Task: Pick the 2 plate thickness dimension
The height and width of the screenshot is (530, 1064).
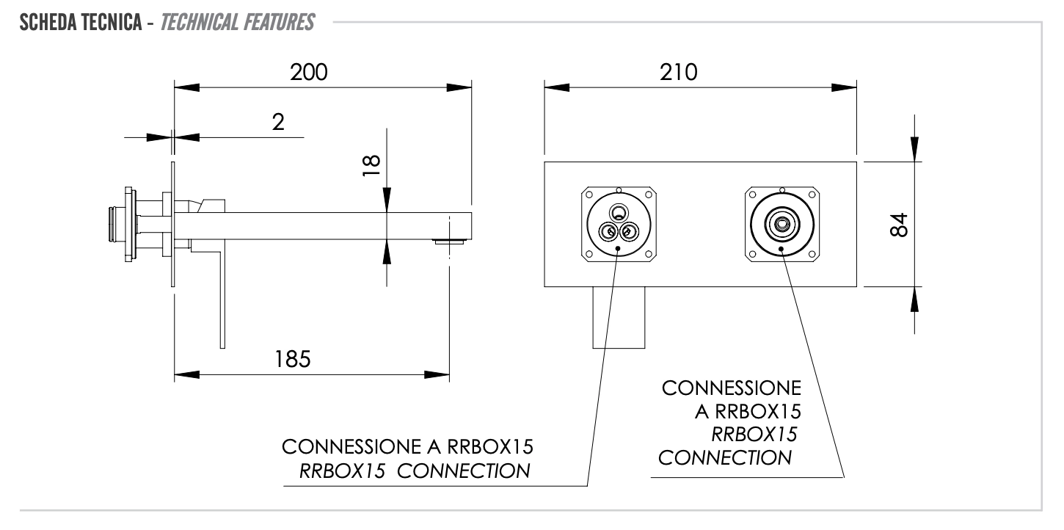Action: (x=277, y=122)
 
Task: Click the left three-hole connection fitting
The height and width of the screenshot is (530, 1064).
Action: (x=617, y=224)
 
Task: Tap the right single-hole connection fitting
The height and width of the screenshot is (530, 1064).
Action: (x=781, y=224)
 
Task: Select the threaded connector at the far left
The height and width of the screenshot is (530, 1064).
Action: (x=113, y=223)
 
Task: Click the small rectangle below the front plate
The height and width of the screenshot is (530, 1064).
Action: (x=619, y=316)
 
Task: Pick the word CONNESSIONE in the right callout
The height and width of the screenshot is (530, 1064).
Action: (x=732, y=388)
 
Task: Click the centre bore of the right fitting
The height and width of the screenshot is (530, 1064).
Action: (x=782, y=223)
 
